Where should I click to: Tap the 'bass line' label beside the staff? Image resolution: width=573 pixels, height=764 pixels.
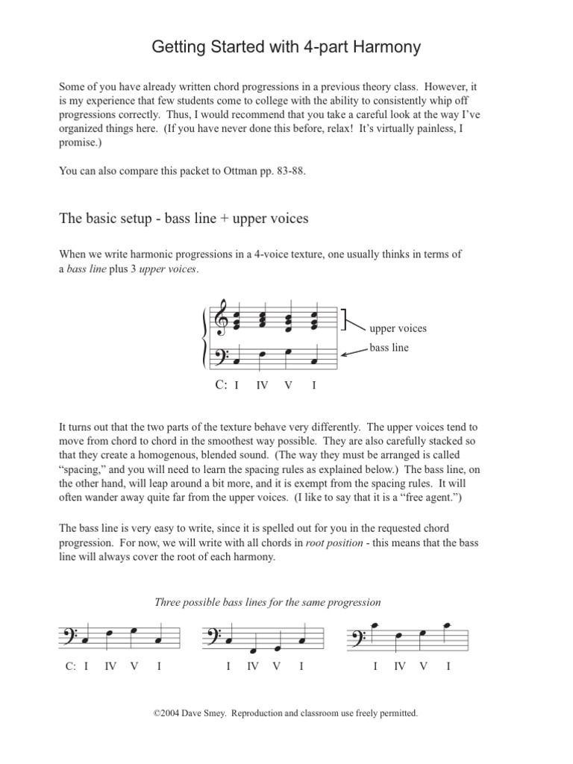(x=389, y=348)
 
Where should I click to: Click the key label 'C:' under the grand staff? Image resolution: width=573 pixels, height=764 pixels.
(x=220, y=385)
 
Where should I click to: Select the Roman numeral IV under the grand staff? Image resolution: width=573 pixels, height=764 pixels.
(x=262, y=386)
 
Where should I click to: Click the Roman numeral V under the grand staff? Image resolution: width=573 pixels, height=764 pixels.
(x=288, y=386)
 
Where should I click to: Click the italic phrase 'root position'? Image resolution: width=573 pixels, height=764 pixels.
(x=331, y=545)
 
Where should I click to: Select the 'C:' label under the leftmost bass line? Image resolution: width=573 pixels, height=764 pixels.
(x=71, y=666)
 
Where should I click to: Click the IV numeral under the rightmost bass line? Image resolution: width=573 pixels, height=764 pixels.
(x=400, y=666)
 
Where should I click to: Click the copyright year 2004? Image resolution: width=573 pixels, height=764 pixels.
(x=169, y=713)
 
